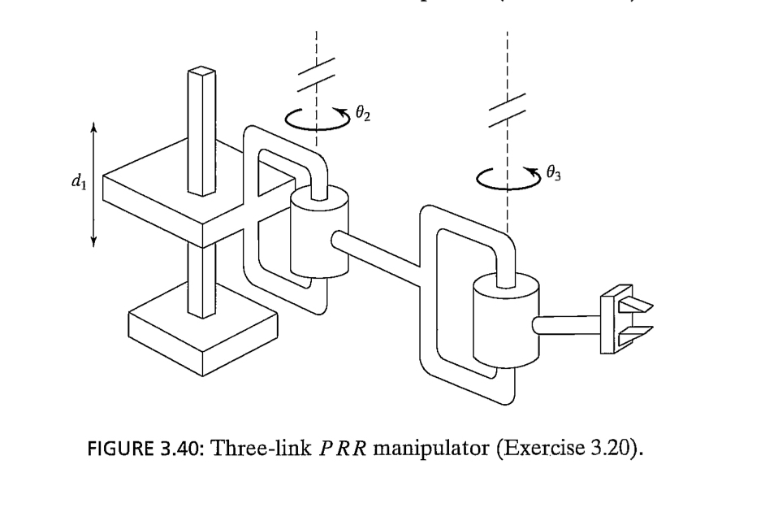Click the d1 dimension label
click(x=77, y=183)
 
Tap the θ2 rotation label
click(x=362, y=116)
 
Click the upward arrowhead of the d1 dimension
click(x=94, y=126)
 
